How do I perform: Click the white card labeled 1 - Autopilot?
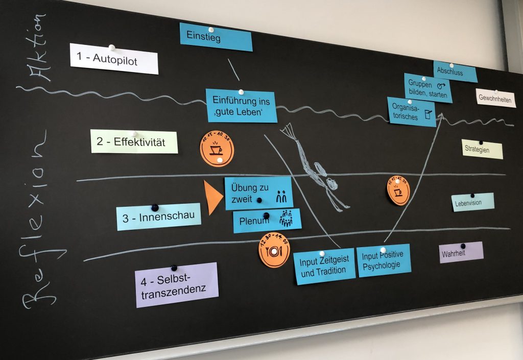(x=114, y=59)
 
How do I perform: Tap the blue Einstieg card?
(x=216, y=37)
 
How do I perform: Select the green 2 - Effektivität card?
(x=134, y=141)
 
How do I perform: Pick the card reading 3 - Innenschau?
(x=158, y=217)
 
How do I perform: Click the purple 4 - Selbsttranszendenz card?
(x=177, y=285)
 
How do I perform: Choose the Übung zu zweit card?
(x=258, y=193)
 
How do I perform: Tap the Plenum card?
(x=267, y=221)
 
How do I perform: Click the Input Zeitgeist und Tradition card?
(x=324, y=266)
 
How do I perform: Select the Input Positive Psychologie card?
(x=384, y=260)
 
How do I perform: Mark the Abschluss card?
(x=455, y=72)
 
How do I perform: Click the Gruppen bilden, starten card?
(x=428, y=88)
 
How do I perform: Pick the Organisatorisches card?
(x=411, y=112)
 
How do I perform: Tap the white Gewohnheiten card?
(x=495, y=99)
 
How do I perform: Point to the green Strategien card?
(x=482, y=149)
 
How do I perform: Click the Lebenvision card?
(x=472, y=202)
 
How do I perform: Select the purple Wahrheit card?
(x=461, y=252)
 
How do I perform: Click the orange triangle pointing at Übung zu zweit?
(x=212, y=197)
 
